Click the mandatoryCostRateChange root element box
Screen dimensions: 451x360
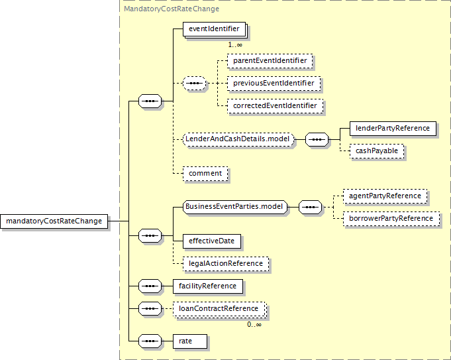tap(54, 221)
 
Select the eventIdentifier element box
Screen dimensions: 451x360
tap(215, 29)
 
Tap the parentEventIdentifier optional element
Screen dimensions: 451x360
tap(270, 61)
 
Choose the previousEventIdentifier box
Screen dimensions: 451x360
tap(274, 84)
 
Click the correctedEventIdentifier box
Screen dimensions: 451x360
tap(275, 105)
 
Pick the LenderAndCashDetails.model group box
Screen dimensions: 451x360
tap(238, 139)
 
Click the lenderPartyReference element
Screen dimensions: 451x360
tap(393, 129)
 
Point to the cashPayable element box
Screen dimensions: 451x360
tap(377, 151)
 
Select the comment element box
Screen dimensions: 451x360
tap(205, 174)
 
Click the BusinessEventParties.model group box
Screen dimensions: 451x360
tap(235, 207)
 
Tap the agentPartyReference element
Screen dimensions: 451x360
tap(385, 196)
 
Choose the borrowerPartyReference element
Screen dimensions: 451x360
tap(391, 219)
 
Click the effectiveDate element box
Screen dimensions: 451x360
tap(212, 241)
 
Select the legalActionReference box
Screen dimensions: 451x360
tap(226, 263)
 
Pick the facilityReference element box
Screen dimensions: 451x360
tap(208, 286)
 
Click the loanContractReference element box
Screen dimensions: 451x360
tap(219, 309)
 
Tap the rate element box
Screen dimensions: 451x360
tap(190, 341)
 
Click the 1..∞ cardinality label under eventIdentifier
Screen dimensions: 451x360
tap(235, 44)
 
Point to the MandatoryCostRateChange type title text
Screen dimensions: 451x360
tap(172, 9)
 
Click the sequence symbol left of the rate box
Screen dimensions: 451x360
tap(150, 341)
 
